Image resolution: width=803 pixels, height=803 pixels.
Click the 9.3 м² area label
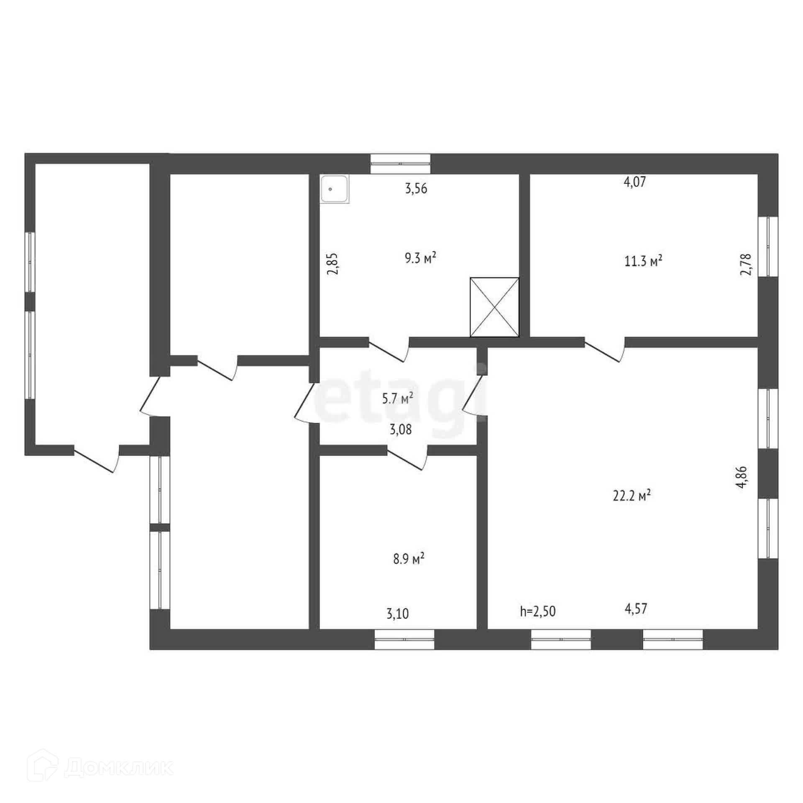420,258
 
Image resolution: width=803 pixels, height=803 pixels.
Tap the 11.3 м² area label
643,261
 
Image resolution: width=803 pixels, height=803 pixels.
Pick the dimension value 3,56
416,189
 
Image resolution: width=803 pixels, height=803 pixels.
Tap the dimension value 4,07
635,182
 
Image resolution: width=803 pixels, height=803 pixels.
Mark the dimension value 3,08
401,430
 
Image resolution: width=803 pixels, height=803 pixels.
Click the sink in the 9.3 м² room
335,189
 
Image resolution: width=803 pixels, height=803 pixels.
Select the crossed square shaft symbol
494,307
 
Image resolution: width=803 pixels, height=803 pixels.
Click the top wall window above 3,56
400,164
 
